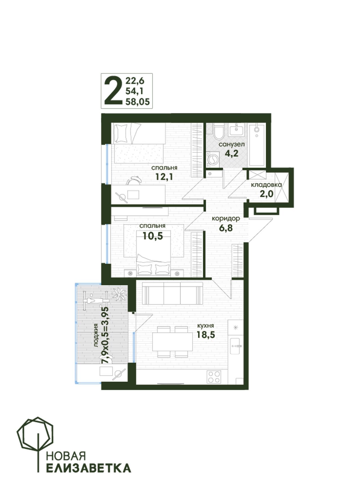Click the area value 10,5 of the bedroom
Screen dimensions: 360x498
click(152, 236)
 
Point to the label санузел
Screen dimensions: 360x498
click(231, 144)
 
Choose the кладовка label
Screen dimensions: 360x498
click(266, 185)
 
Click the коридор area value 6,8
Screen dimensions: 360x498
click(226, 228)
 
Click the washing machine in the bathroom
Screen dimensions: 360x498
click(213, 159)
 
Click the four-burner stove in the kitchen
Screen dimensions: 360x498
click(214, 377)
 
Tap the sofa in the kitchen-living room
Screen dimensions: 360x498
click(172, 293)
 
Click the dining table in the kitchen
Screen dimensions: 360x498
click(172, 342)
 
